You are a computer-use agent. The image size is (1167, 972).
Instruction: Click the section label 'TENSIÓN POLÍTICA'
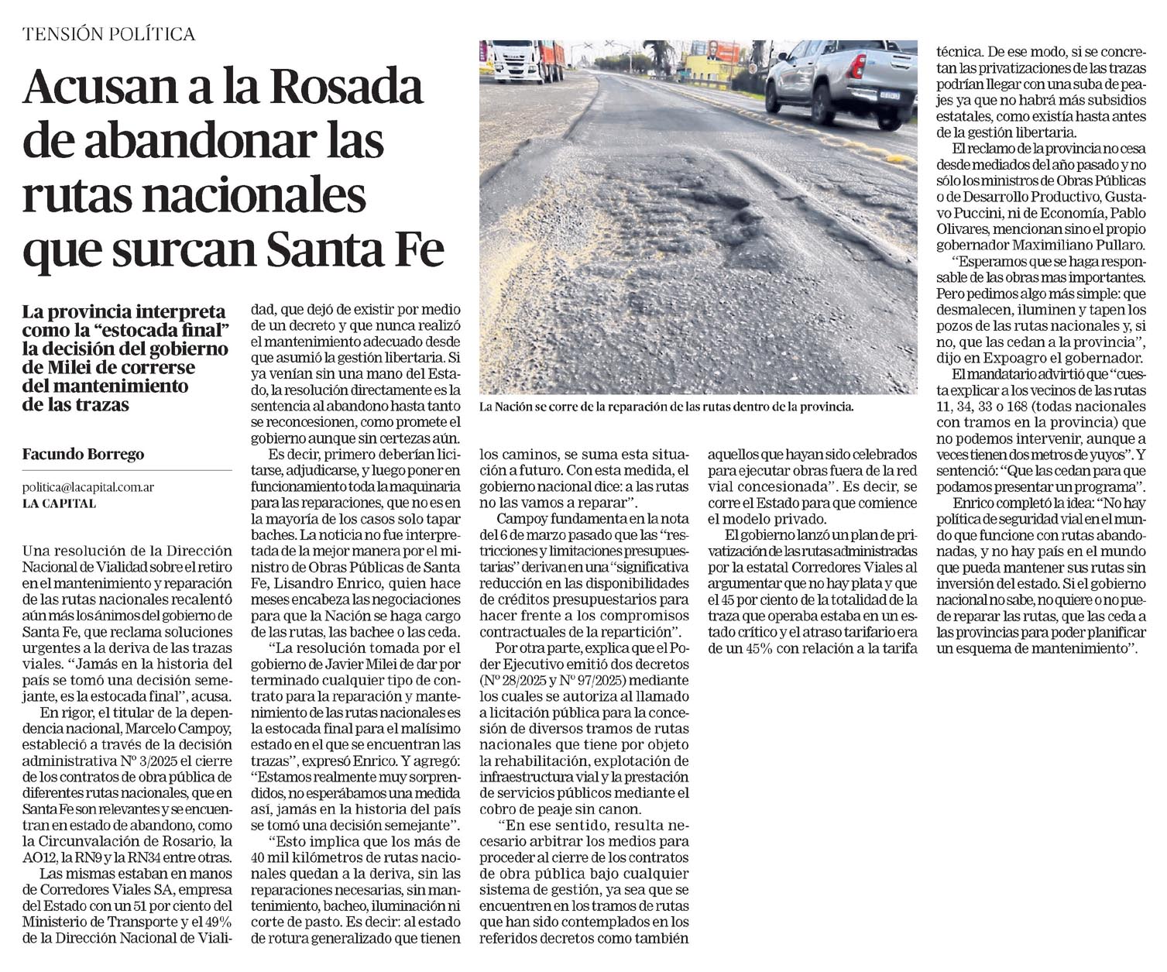tap(108, 34)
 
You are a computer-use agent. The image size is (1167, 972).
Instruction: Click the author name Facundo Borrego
tap(83, 455)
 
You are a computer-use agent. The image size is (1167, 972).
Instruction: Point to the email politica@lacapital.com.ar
tap(88, 487)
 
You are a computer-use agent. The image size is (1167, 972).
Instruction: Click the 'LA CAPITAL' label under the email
tap(59, 503)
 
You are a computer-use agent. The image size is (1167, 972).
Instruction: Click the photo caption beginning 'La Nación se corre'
tap(666, 406)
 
